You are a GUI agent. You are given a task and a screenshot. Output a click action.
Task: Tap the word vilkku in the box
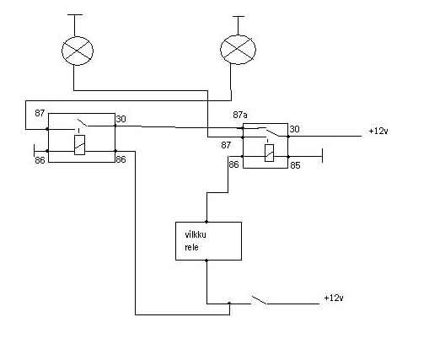click(x=196, y=234)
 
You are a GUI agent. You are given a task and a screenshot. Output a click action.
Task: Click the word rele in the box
click(x=191, y=247)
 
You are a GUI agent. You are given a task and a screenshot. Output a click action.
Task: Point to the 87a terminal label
click(x=240, y=115)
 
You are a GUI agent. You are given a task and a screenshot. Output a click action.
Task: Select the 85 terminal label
click(x=295, y=165)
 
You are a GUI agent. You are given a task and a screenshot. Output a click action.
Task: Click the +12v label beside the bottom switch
click(x=334, y=298)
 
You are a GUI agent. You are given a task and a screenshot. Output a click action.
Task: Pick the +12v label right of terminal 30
click(x=378, y=131)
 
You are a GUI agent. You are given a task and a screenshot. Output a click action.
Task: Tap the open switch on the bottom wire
click(x=260, y=300)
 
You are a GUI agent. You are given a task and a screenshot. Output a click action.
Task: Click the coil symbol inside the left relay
click(x=80, y=145)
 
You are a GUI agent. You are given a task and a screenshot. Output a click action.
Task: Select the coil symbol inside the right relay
click(x=270, y=153)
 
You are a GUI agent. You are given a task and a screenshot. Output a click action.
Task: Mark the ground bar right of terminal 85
click(x=322, y=156)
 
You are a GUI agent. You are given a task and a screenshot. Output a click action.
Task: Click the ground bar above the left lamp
click(x=75, y=14)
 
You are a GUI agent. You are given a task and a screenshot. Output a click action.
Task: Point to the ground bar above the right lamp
click(x=239, y=17)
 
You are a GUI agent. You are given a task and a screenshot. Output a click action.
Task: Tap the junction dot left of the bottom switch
click(x=229, y=304)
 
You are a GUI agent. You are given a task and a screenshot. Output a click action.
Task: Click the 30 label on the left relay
click(x=121, y=119)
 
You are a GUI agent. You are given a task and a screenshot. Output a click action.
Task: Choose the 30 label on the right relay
click(x=294, y=129)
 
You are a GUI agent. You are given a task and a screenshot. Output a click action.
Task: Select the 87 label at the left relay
click(x=40, y=113)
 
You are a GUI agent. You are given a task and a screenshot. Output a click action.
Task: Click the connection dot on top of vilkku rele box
click(x=206, y=222)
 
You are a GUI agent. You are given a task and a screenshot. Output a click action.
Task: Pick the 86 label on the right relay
click(x=233, y=164)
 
